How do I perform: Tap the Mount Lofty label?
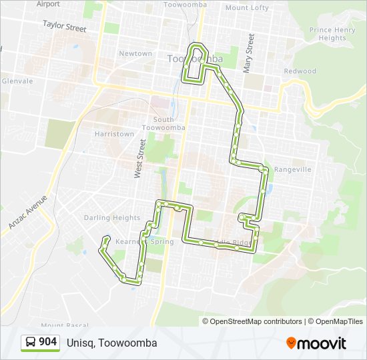247,8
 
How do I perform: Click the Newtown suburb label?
135,53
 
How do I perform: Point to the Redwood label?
300,71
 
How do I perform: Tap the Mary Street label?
249,53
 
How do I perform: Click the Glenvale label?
17,81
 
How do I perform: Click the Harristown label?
115,134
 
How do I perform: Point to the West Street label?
140,158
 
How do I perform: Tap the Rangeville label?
292,169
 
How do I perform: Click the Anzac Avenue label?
29,213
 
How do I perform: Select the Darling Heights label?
112,218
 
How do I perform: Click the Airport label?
48,4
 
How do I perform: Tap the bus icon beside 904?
31,343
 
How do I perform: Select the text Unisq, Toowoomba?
112,343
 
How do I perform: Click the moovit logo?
316,343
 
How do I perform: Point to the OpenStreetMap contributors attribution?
256,321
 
